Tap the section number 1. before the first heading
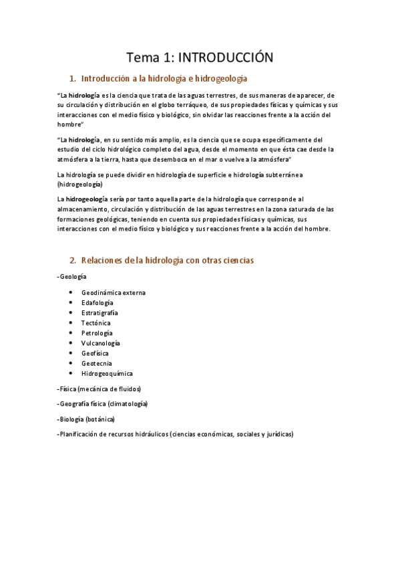(x=73, y=79)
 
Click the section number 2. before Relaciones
(x=73, y=260)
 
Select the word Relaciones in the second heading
(x=102, y=260)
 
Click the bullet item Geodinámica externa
(x=114, y=293)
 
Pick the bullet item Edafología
(x=97, y=303)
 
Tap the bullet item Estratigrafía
(x=99, y=313)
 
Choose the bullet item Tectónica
(x=96, y=323)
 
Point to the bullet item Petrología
(x=97, y=333)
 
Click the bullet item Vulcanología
(x=101, y=343)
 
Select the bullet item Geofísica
(x=95, y=353)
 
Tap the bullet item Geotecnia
(x=96, y=363)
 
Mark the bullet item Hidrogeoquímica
(x=107, y=373)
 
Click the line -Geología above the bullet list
(x=72, y=276)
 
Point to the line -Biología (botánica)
(x=86, y=419)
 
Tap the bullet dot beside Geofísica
(x=71, y=353)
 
